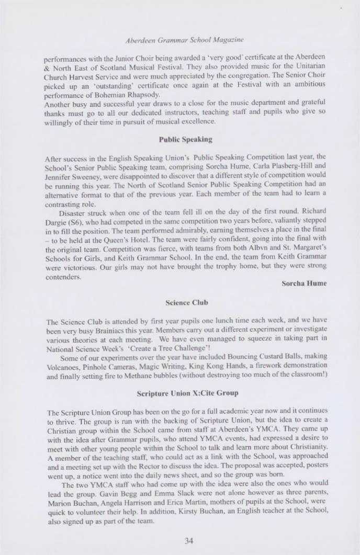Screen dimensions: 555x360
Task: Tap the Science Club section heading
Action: coord(179,302)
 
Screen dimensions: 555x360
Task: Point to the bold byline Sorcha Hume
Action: coord(306,283)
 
